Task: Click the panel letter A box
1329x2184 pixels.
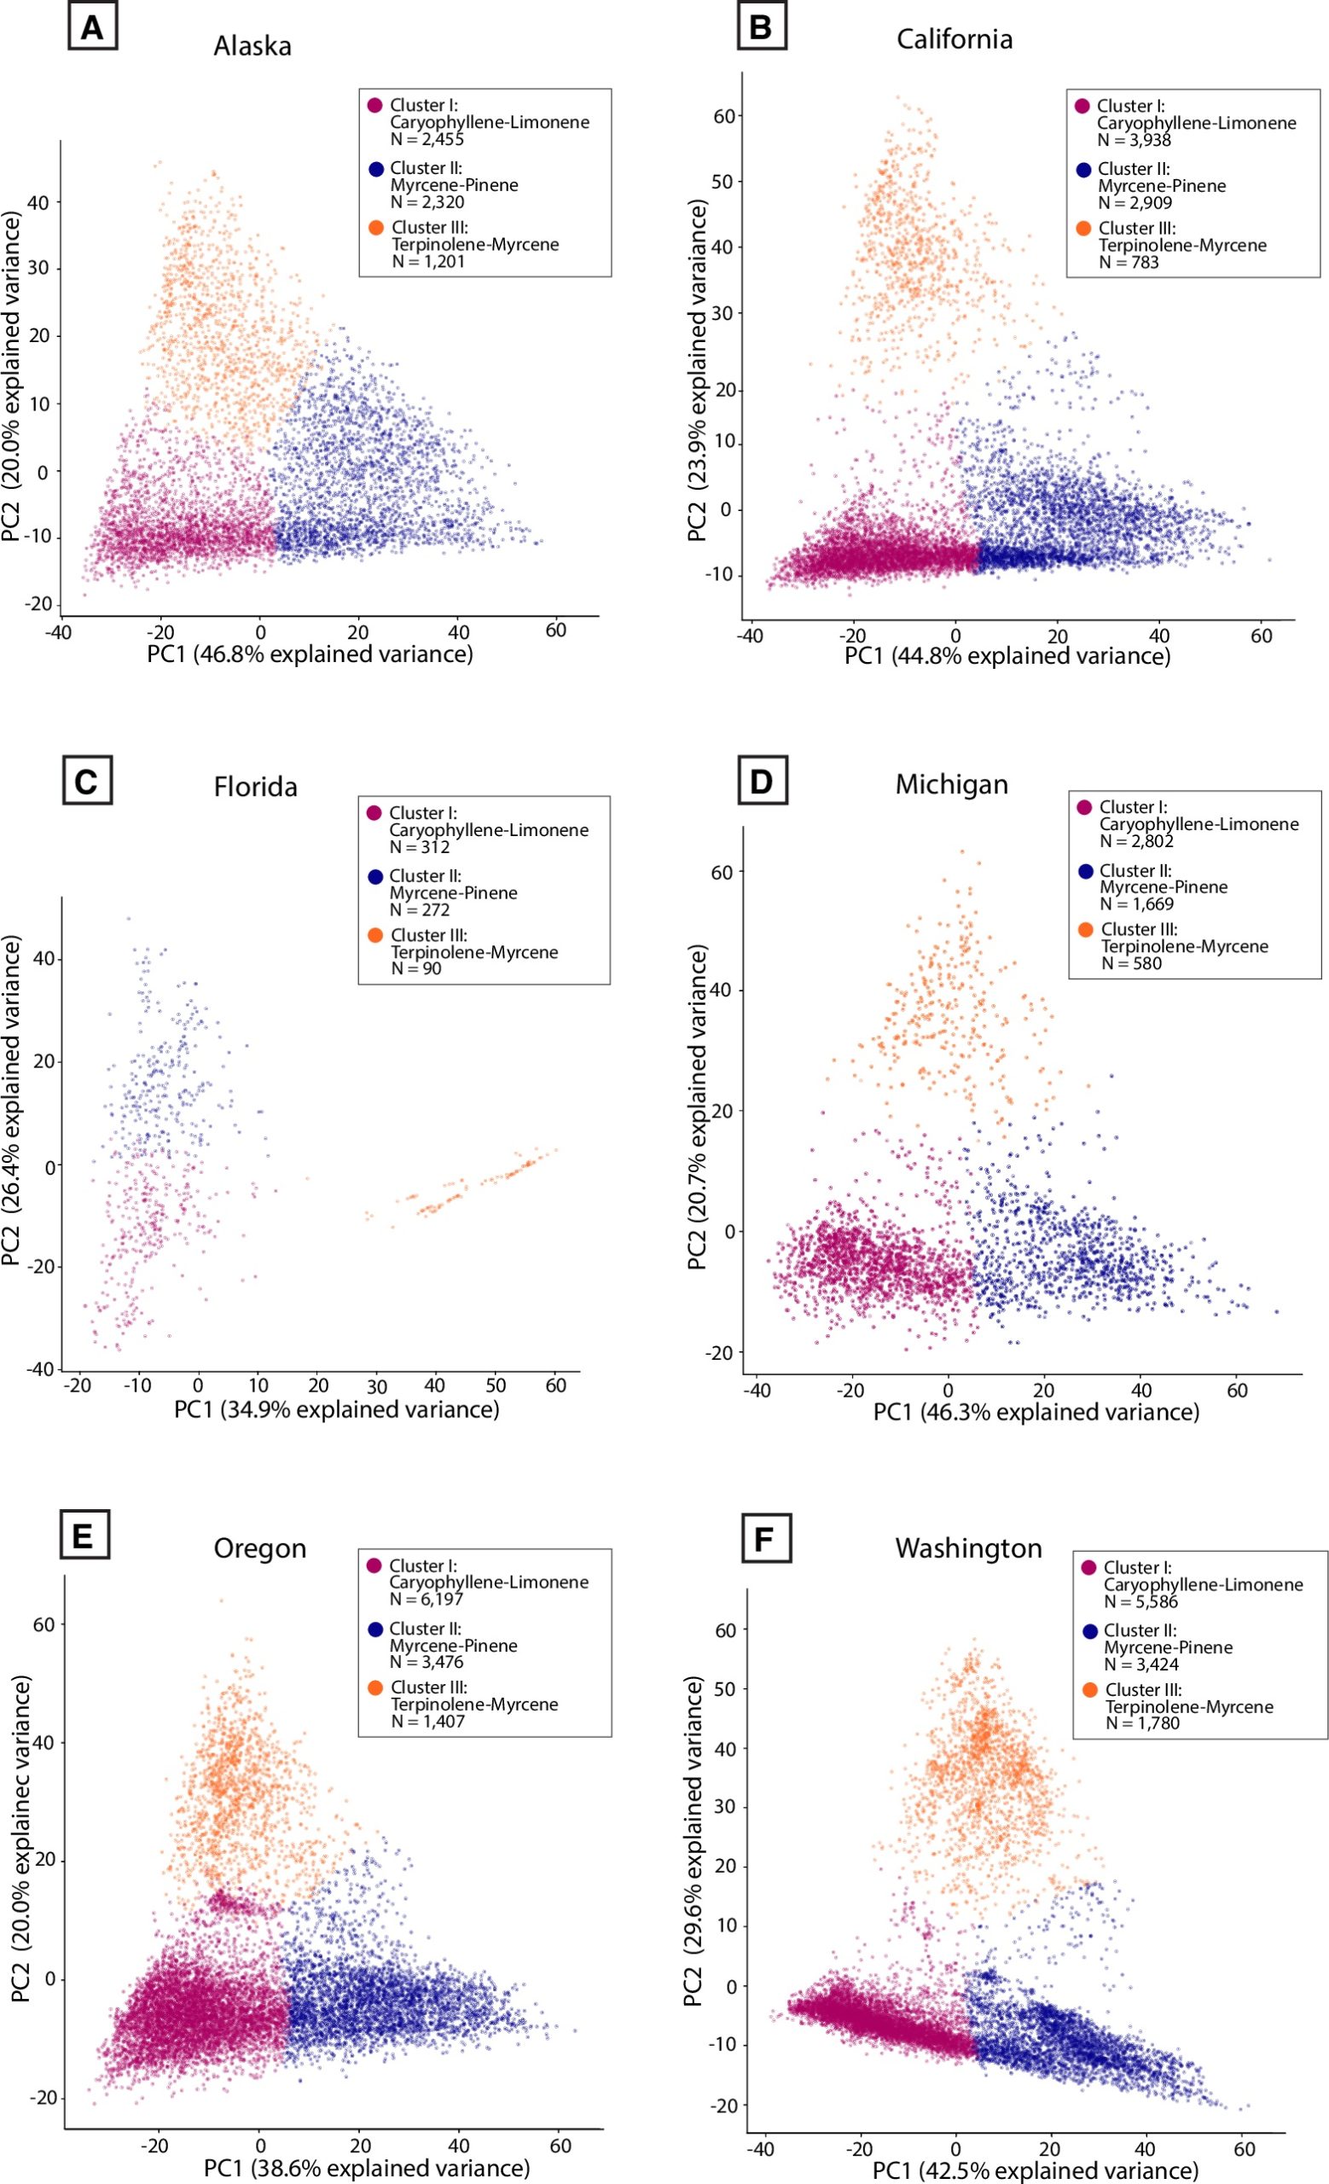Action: click(92, 28)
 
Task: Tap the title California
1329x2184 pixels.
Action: click(955, 39)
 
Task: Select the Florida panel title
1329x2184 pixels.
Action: click(255, 787)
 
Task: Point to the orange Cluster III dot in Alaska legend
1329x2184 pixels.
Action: click(375, 228)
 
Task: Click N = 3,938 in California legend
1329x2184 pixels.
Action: click(1133, 140)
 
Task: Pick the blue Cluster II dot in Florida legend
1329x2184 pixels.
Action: click(374, 875)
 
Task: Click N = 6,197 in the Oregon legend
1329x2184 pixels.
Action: click(427, 1599)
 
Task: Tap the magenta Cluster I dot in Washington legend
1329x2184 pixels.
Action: click(1089, 1567)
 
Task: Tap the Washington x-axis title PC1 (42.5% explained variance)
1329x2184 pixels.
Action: click(1035, 2170)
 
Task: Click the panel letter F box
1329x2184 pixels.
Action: click(764, 1540)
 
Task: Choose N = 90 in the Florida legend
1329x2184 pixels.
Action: click(415, 969)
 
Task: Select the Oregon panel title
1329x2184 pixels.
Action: click(259, 1548)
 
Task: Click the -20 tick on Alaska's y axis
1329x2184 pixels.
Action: click(39, 605)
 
